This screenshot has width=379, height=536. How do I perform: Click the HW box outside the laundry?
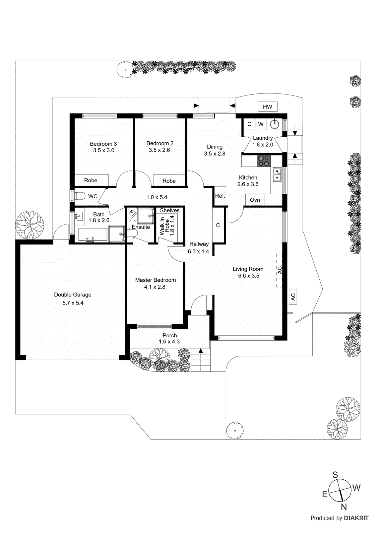pos(267,107)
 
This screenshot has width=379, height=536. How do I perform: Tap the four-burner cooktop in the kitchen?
pos(263,161)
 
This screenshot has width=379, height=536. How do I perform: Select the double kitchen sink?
pos(277,175)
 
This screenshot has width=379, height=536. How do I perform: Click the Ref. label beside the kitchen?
pos(220,196)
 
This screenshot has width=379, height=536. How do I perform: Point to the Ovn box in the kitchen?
pos(255,200)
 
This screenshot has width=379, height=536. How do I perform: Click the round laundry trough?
pos(274,124)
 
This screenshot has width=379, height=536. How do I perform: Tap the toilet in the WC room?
pos(80,196)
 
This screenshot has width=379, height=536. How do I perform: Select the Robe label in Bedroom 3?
pos(90,180)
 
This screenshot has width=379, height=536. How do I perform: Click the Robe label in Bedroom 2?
pos(169,181)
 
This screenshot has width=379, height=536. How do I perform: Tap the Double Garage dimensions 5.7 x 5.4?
pos(73,303)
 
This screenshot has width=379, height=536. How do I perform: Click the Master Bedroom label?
pos(155,280)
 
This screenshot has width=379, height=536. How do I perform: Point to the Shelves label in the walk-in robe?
pos(170,210)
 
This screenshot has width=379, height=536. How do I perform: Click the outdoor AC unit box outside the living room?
pos(293,297)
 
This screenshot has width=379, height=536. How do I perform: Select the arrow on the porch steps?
pos(201,351)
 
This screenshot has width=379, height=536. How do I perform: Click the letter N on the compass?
pos(343,507)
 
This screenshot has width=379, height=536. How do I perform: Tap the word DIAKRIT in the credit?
pos(356,518)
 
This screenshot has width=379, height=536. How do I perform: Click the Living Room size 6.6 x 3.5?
pos(249,276)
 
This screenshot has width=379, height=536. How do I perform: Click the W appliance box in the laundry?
pos(261,124)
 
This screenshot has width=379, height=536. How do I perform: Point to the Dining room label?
pos(214,147)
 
